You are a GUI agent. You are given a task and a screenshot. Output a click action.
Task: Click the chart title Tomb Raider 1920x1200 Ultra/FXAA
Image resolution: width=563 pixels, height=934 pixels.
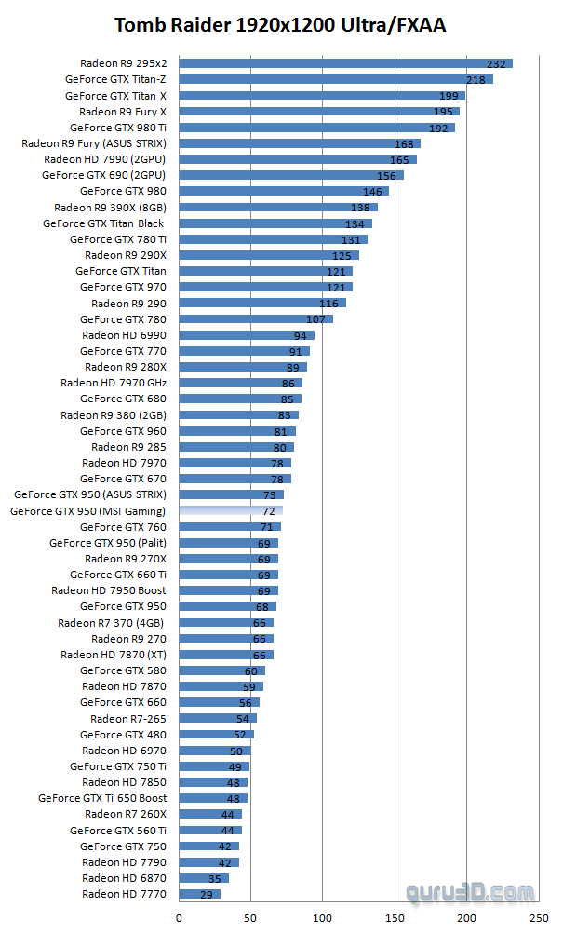pos(280,25)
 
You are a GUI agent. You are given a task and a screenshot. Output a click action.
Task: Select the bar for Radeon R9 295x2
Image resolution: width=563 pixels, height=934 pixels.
pos(344,63)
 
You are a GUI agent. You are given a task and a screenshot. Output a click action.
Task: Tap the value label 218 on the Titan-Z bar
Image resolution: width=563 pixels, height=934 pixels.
pos(475,80)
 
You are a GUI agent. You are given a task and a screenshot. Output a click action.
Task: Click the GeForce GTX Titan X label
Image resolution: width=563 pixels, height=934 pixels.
pos(115,96)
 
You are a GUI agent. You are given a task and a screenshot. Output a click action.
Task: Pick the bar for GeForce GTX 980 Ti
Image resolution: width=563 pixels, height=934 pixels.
pos(316,128)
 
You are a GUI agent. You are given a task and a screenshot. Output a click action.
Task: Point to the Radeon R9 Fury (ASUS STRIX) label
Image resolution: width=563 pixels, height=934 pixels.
pos(94,143)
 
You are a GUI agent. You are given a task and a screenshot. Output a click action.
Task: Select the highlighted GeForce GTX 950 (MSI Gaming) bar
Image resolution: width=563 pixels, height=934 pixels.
pos(230,511)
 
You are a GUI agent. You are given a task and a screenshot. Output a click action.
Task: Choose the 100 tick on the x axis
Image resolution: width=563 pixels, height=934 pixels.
pos(322,917)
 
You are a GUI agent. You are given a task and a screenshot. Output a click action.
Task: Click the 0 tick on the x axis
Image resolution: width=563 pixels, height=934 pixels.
pos(179,917)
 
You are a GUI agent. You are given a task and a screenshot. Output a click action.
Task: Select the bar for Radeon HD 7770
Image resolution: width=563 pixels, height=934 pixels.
pos(199,894)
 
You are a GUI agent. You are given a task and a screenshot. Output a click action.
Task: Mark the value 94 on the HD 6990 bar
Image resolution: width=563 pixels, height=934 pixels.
pos(300,336)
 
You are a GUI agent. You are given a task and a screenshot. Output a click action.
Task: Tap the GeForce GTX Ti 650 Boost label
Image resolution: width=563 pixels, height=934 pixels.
pos(102,798)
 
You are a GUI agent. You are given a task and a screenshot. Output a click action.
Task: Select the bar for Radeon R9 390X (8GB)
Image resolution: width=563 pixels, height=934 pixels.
pos(277,208)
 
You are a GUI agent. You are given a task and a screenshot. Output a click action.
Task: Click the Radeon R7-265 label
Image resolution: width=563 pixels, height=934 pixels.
pos(128,719)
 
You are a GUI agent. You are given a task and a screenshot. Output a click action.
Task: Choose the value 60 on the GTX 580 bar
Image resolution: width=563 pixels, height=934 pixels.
pos(250,671)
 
